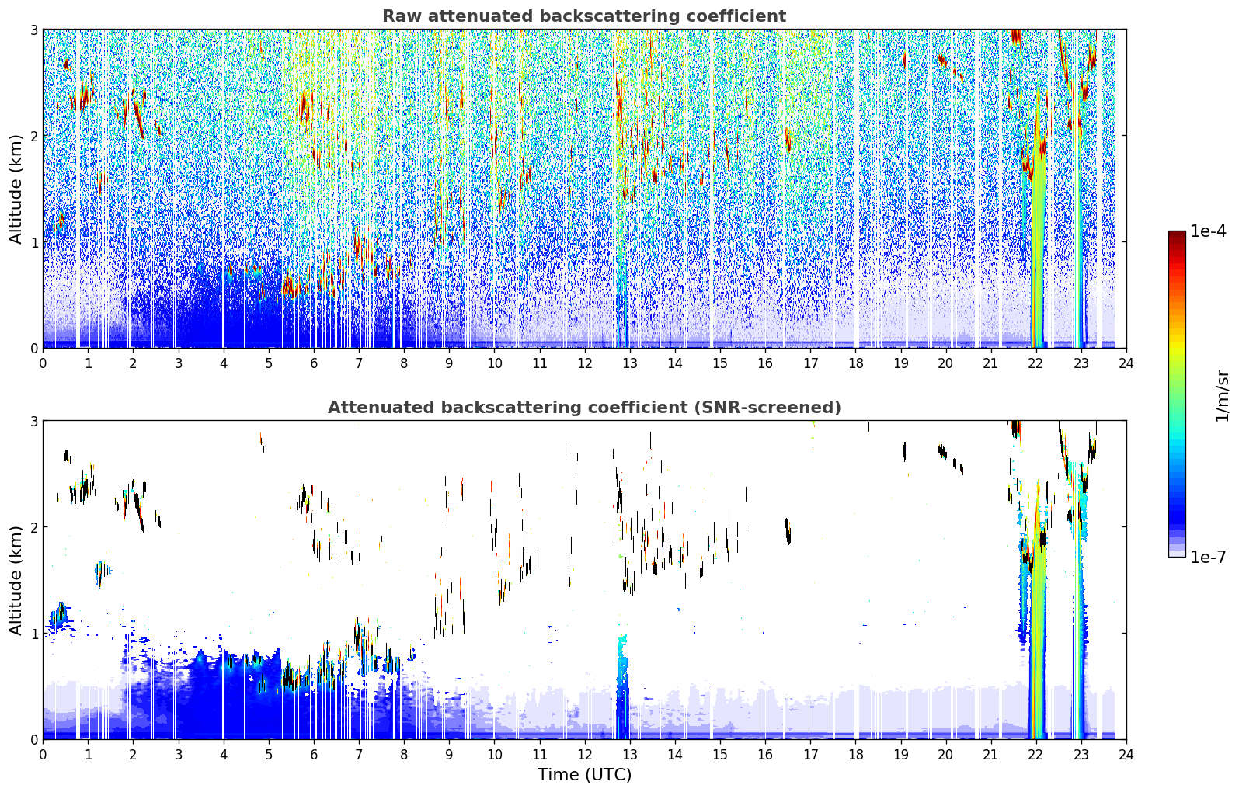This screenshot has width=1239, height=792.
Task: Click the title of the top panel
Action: [584, 16]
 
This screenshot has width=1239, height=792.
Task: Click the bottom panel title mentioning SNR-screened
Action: [584, 407]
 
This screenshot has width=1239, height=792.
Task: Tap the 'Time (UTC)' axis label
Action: [584, 774]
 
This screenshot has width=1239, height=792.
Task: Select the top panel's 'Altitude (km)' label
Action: [16, 189]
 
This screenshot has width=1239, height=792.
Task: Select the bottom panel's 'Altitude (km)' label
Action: [16, 580]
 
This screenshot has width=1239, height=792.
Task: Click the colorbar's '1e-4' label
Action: [1208, 231]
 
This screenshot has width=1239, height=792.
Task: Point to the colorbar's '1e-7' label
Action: [1208, 557]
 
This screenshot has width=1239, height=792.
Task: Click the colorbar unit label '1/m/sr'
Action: [1222, 396]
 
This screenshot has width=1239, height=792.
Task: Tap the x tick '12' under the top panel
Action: [585, 363]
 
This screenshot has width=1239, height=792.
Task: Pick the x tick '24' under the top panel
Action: [1126, 363]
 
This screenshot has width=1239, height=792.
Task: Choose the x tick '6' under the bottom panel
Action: [314, 755]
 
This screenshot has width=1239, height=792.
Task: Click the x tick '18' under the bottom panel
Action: [856, 755]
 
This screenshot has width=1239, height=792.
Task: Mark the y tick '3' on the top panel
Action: [33, 30]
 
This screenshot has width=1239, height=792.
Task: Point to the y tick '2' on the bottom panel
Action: [33, 527]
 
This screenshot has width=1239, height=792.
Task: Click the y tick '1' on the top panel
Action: [33, 242]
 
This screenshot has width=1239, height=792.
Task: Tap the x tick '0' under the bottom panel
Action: [44, 755]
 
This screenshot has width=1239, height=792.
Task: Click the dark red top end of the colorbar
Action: [1177, 234]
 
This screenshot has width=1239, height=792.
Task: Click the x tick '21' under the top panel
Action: [991, 363]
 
